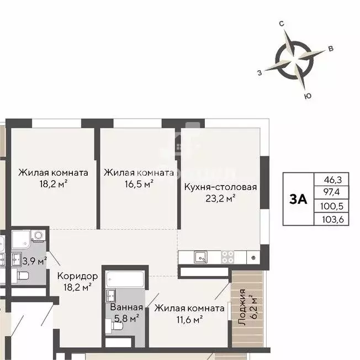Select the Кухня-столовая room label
(220, 187)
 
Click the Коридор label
(78, 276)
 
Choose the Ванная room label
(126, 308)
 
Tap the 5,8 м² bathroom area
(126, 317)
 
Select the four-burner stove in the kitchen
(227, 256)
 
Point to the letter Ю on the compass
(308, 96)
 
